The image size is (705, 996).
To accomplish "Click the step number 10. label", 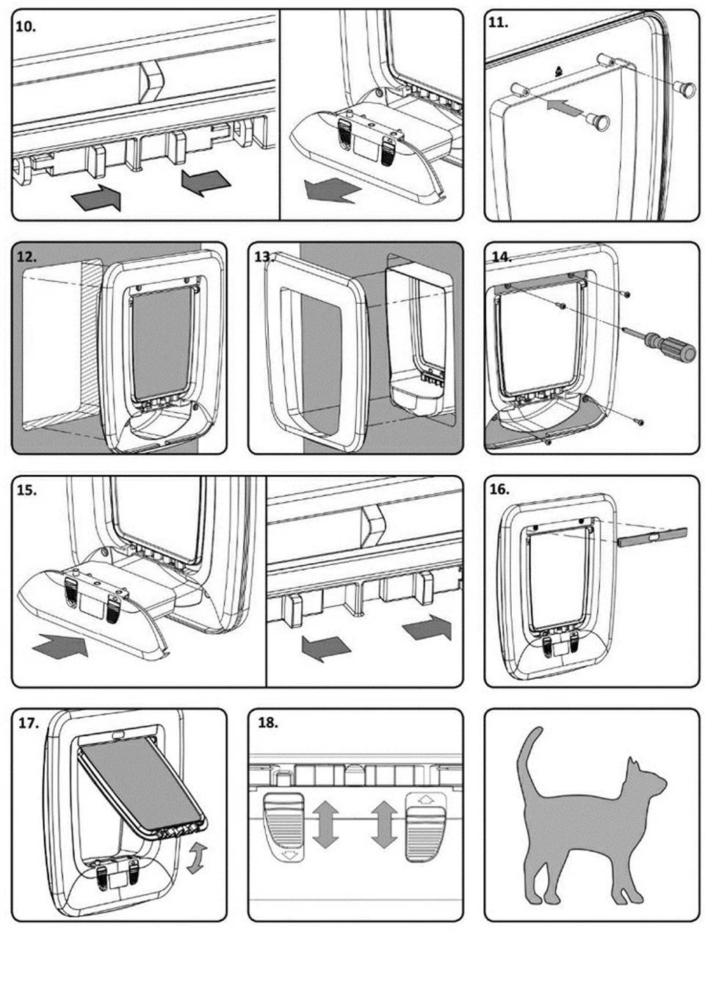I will (x=26, y=26).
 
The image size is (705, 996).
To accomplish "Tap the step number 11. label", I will (x=498, y=23).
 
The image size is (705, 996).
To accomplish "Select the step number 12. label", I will (x=26, y=257).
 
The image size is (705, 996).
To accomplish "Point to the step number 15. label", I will (x=26, y=490).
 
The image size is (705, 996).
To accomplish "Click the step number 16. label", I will (x=499, y=490).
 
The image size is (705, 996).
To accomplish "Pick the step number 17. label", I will (x=29, y=723).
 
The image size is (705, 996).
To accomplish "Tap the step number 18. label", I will (x=268, y=723).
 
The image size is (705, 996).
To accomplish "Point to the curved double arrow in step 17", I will (x=195, y=858).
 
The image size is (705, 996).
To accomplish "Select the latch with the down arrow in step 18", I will (x=283, y=825).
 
